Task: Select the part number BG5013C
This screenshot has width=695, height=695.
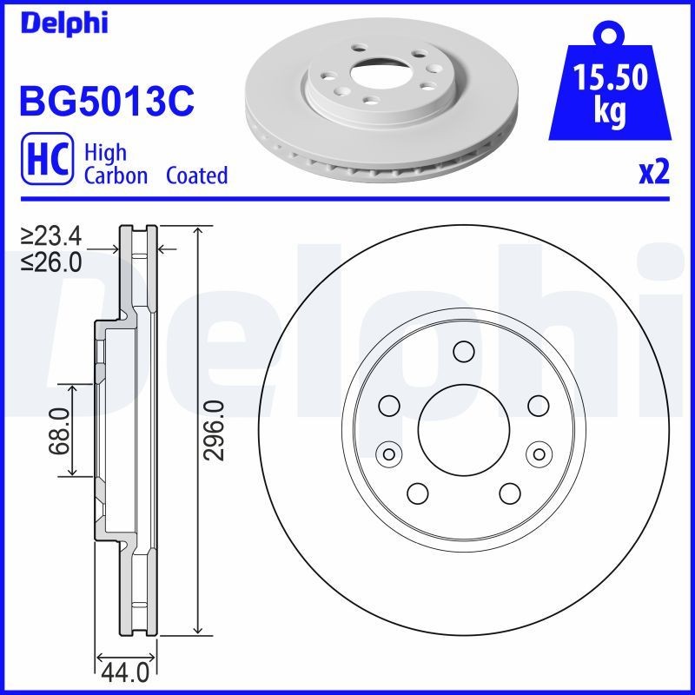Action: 106,102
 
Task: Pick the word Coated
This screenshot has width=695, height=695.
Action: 196,175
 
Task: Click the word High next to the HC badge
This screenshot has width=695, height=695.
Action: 105,153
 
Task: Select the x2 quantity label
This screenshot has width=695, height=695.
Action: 654,174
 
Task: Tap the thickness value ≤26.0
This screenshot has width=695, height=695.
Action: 52,261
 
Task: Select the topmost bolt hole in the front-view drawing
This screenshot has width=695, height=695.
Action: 464,352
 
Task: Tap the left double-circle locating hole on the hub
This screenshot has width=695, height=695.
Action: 389,453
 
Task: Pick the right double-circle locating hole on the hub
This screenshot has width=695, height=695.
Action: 539,453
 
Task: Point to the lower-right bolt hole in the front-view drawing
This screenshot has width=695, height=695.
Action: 510,493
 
